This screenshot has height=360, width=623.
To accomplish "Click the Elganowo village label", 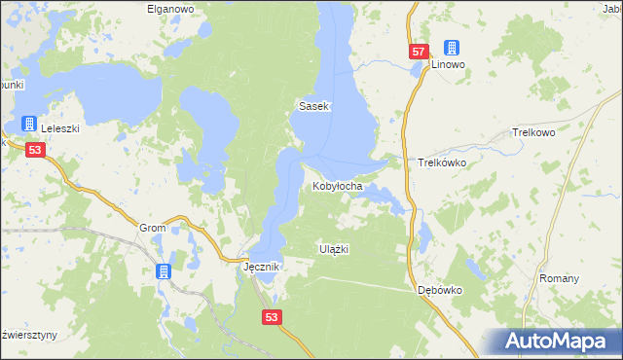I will click(x=170, y=8).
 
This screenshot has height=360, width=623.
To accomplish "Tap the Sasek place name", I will click(x=315, y=106).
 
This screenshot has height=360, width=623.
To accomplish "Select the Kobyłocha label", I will click(x=338, y=186).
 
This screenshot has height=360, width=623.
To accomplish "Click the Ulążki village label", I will click(x=334, y=249).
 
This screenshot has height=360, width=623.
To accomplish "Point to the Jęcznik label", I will click(x=261, y=266).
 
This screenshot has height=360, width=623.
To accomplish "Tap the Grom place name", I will click(x=154, y=228).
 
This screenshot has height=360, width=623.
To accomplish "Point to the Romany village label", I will click(x=559, y=278).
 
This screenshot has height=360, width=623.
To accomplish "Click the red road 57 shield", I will click(x=418, y=52).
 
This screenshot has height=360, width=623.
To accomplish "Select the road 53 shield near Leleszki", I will click(x=35, y=150).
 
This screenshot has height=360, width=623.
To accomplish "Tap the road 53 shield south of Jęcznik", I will click(x=273, y=316).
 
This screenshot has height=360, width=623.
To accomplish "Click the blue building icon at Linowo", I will click(x=451, y=47).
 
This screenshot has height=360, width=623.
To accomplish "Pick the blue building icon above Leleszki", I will click(x=29, y=124).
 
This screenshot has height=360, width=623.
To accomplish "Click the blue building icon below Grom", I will click(x=163, y=272).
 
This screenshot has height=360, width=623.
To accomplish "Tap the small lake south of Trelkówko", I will click(x=425, y=234).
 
